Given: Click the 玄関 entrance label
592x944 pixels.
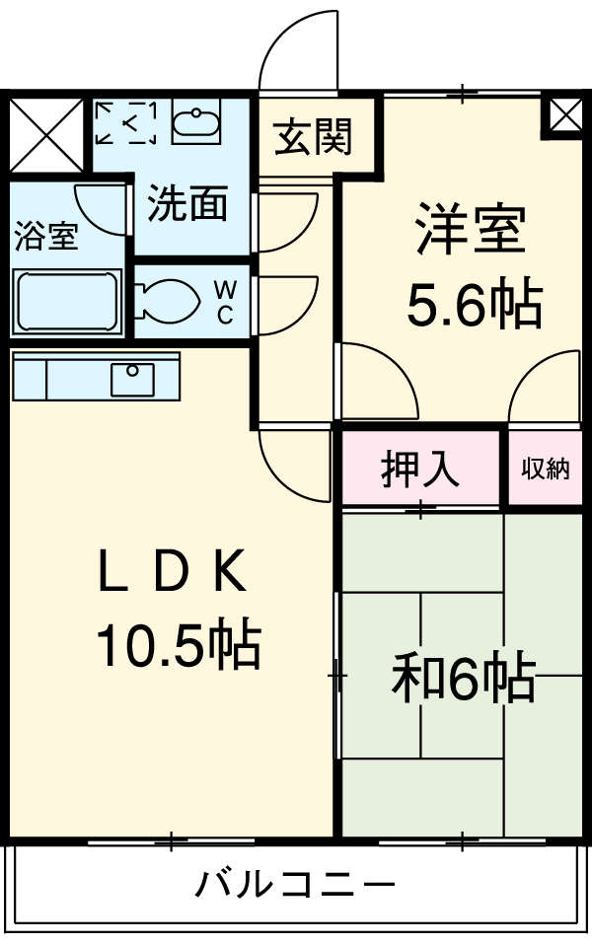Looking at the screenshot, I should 312,137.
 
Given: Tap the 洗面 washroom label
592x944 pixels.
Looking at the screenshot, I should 187,204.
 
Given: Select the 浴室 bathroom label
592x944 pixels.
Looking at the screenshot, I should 45,237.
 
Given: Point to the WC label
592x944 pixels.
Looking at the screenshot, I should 225,302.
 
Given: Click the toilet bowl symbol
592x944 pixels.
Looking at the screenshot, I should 169,301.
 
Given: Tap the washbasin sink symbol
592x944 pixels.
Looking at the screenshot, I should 196,123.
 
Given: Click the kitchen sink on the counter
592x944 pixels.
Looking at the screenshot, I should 131,378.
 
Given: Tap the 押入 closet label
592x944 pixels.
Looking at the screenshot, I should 420,469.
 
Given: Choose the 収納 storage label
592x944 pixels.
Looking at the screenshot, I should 546,469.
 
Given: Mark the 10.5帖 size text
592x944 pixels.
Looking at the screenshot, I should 178,646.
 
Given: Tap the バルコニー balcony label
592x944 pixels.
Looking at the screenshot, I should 294,882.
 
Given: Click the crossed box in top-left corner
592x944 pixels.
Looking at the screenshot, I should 46,135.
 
